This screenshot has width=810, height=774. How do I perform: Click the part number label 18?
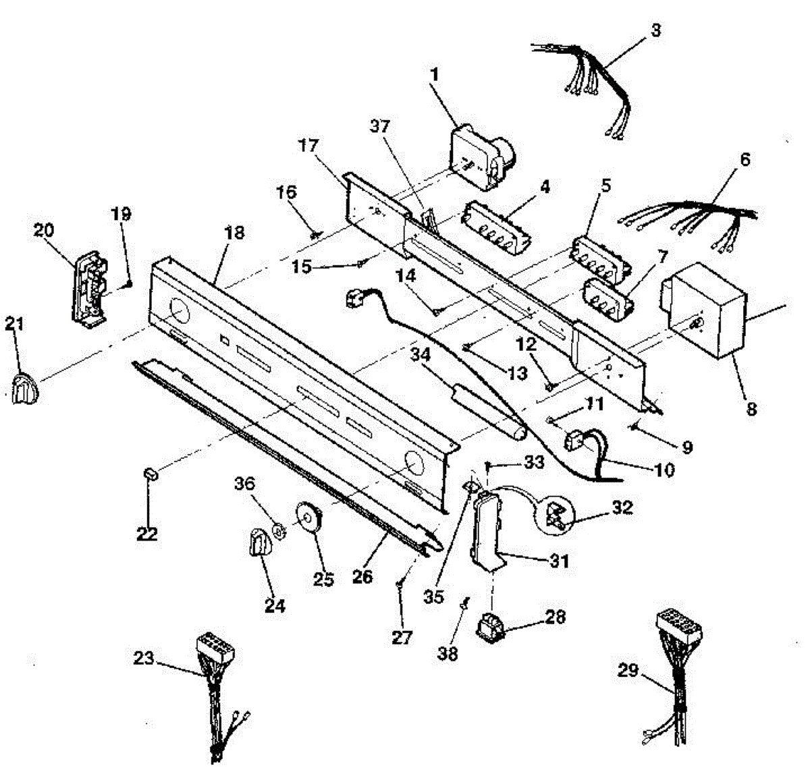[234, 234]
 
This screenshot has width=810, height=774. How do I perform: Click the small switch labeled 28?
[491, 625]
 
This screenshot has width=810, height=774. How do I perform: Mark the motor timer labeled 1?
[481, 157]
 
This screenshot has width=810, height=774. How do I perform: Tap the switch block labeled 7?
[607, 298]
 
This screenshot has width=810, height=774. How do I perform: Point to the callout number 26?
[362, 578]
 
